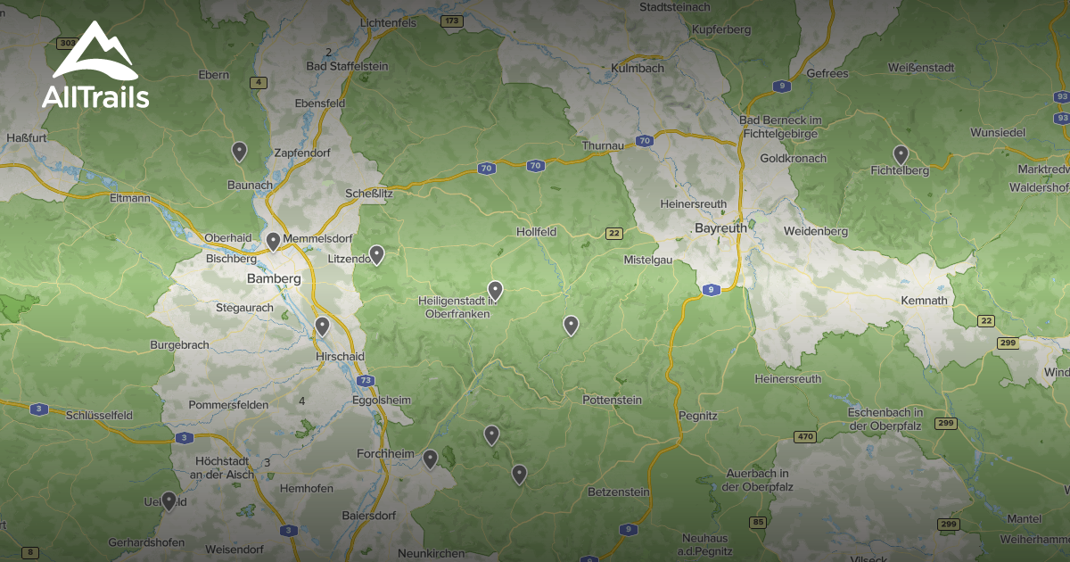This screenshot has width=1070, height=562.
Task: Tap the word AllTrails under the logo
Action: pos(95,96)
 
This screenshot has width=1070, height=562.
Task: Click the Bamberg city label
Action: pos(274,279)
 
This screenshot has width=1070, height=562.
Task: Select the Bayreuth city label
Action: pos(720,228)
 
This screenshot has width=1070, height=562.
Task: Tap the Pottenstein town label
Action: pos(612,400)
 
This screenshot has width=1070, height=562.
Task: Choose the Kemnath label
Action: pos(924,301)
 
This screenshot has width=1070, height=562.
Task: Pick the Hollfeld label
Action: pos(537,232)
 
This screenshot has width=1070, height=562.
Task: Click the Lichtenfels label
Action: pos(388,23)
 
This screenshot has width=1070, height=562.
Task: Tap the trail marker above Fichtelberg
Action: pos(901,154)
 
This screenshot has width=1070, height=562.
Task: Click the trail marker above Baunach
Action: pos(239,151)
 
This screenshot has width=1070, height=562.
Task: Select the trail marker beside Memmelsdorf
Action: pos(273,241)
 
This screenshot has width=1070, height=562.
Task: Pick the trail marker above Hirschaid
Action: pos(322,326)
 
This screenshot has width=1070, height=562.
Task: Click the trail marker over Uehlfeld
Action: pos(169,500)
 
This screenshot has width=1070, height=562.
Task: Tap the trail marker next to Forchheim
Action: pos(430,459)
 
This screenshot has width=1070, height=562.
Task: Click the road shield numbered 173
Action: pos(452,20)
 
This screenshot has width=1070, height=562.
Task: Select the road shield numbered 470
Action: pos(805,436)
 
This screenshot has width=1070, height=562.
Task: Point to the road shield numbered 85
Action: pos(759,522)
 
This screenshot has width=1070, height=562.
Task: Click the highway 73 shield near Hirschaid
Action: pos(366,381)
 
